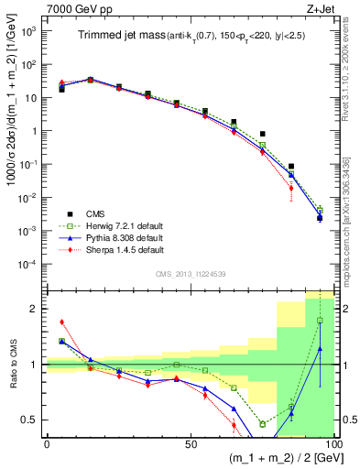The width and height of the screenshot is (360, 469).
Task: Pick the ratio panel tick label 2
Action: pyautogui.click(x=33, y=309)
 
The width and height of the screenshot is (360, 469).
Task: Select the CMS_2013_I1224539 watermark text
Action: pyautogui.click(x=190, y=272)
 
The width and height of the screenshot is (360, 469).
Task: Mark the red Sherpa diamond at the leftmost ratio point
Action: pyautogui.click(x=61, y=322)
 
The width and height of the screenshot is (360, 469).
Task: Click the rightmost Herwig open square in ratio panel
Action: pyautogui.click(x=320, y=321)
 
